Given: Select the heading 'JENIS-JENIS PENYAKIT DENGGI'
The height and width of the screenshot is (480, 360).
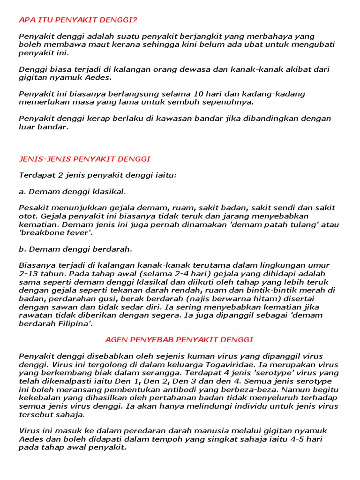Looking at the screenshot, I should click(x=84, y=159).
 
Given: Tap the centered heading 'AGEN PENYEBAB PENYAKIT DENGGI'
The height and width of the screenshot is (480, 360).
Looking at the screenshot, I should click(x=179, y=339).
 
